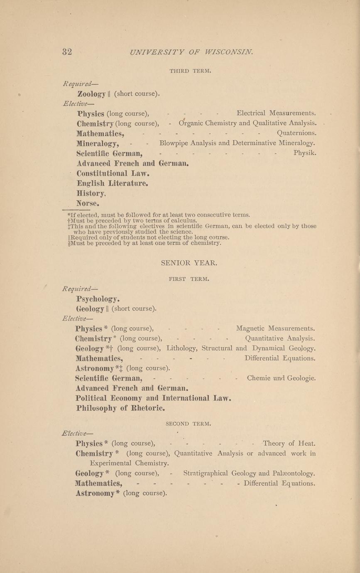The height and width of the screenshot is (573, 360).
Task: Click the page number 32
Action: click(x=67, y=52)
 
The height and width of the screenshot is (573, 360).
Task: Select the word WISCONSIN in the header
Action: click(x=228, y=52)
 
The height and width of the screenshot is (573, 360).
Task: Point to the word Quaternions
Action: click(x=296, y=133)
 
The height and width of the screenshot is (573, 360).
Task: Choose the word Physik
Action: click(x=305, y=153)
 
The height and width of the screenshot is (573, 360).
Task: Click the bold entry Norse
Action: click(x=88, y=203)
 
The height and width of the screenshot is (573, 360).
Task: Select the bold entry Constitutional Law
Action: click(x=113, y=173)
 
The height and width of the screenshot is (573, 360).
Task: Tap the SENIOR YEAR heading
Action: click(x=189, y=263)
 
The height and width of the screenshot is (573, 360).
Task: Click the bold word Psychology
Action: click(x=98, y=299)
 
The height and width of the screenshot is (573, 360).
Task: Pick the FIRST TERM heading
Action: click(x=189, y=279)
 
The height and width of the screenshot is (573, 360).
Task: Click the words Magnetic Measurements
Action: click(x=275, y=328)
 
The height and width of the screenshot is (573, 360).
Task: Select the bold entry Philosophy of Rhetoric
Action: click(x=120, y=408)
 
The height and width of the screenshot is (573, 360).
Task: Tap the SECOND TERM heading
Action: click(x=189, y=424)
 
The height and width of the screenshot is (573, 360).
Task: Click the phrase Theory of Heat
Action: click(x=289, y=443)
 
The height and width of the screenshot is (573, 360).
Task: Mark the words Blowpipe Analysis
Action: click(x=188, y=143)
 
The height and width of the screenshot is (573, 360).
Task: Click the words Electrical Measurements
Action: click(x=276, y=113)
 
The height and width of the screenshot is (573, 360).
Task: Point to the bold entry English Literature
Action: click(x=113, y=183)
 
